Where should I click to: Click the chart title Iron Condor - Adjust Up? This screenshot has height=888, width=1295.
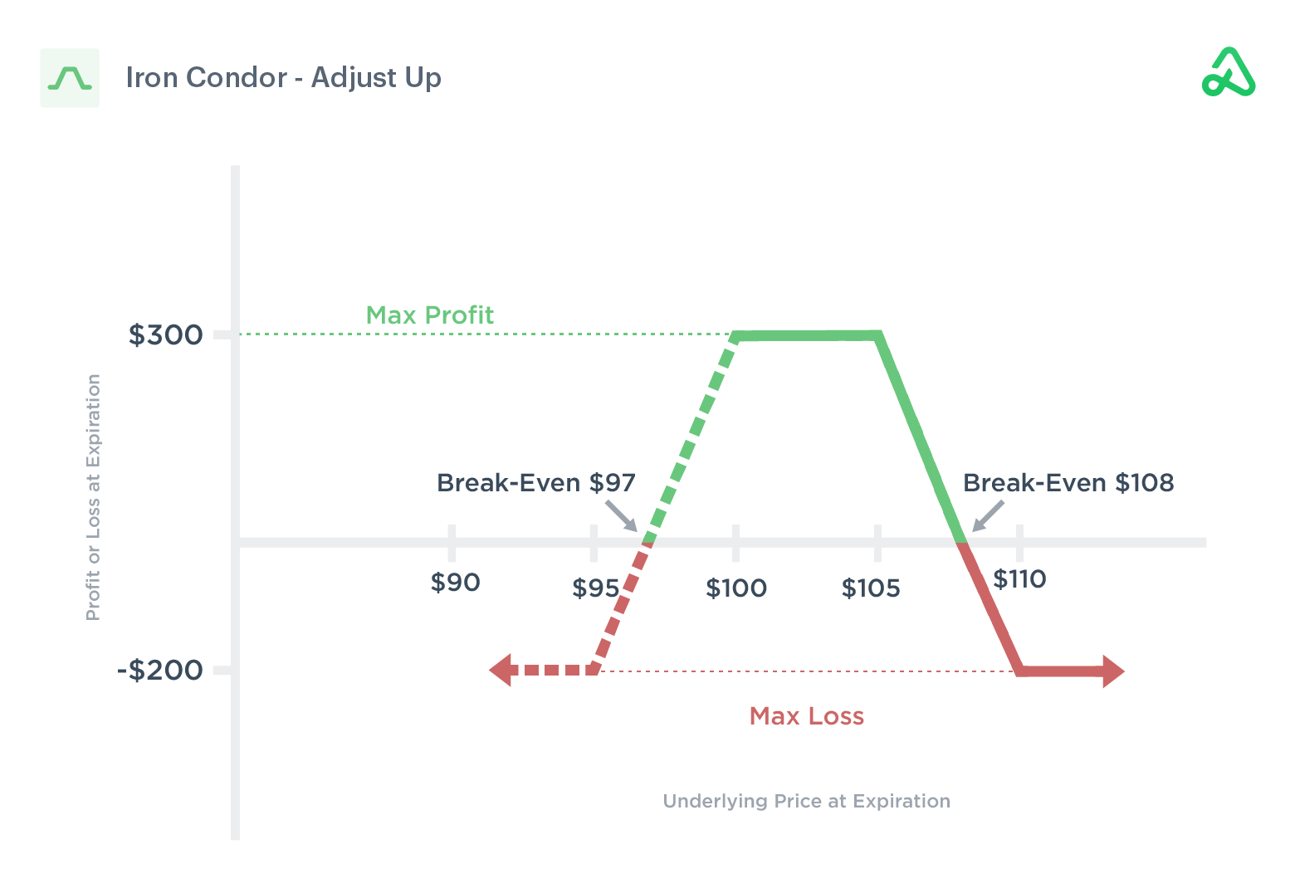[283, 77]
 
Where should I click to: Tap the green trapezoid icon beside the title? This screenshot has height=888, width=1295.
[70, 78]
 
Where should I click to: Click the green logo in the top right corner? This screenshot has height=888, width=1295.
[1229, 73]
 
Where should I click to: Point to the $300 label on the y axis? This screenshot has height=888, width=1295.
[165, 334]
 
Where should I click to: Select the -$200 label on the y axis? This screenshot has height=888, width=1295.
[160, 670]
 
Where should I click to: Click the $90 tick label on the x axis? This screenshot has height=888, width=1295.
[455, 583]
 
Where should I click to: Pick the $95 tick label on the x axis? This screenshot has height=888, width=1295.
[595, 588]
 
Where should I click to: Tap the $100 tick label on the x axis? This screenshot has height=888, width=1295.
[735, 588]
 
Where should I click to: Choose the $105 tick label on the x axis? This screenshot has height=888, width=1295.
[870, 588]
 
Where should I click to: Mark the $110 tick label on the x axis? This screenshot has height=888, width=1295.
[1019, 579]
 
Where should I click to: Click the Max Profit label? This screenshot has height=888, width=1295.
[429, 315]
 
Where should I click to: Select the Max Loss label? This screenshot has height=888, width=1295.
[806, 716]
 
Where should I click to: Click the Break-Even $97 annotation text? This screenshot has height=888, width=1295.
[535, 483]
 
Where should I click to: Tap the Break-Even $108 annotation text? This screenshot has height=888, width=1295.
[1068, 483]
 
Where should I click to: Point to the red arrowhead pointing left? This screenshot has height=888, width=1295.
[501, 670]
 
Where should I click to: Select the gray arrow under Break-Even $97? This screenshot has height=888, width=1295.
[622, 515]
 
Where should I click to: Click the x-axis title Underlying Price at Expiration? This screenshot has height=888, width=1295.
[806, 801]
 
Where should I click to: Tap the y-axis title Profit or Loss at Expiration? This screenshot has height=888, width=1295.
[93, 497]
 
